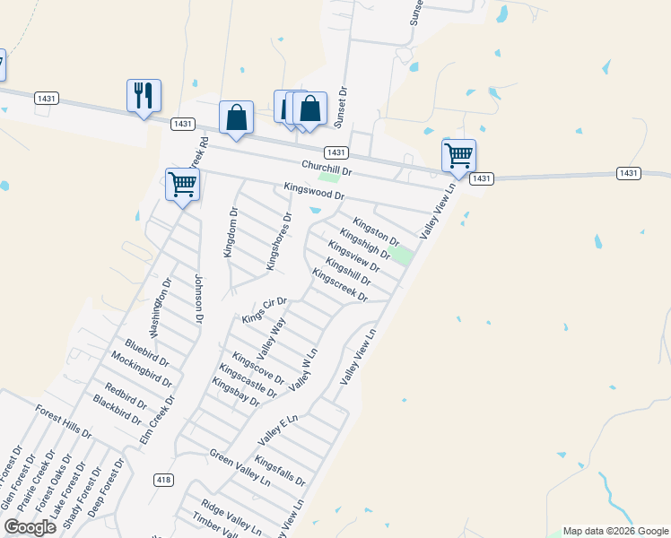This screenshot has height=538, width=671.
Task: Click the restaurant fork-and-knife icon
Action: [x=144, y=95]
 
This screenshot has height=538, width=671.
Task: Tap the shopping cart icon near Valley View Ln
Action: [x=458, y=156]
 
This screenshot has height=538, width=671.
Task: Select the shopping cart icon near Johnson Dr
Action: [x=182, y=185]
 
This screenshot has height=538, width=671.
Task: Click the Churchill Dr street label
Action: [x=327, y=168]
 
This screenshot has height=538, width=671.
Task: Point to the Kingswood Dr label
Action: [x=313, y=192]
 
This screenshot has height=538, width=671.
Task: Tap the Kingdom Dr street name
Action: [x=231, y=232]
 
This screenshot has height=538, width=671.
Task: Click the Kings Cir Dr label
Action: [x=264, y=310]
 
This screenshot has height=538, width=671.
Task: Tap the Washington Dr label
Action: [x=161, y=307]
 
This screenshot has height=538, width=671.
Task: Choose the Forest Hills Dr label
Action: [x=64, y=421]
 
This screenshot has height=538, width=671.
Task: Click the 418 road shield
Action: [x=162, y=480]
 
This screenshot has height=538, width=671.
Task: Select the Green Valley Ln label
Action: [x=240, y=467]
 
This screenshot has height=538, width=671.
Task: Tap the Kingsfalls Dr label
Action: [x=280, y=471]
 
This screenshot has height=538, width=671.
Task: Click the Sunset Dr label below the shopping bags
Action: [x=341, y=105]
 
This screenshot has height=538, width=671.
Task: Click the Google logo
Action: [x=30, y=527]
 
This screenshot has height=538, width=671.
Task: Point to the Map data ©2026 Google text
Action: [x=614, y=531]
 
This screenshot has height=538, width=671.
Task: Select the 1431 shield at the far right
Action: [x=628, y=173]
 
